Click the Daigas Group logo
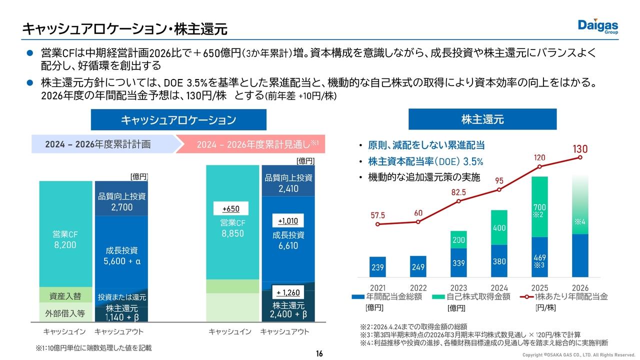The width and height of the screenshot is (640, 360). (598, 26)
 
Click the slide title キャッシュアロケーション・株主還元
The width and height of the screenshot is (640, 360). (124, 29)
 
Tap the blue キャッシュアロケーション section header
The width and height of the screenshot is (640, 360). (178, 120)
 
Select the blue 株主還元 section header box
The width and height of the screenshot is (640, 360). (482, 119)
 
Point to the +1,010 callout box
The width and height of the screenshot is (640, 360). (287, 221)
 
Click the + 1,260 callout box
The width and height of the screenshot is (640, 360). (287, 292)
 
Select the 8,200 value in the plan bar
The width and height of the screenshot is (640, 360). (65, 245)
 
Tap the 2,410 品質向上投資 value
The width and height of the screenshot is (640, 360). (288, 189)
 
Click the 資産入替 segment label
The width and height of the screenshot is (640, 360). (65, 296)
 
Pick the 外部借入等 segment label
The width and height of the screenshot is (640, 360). (65, 313)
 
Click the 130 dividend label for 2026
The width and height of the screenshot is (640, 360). (580, 149)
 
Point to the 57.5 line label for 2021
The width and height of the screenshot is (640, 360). (377, 215)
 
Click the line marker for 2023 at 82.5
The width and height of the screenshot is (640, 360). (458, 201)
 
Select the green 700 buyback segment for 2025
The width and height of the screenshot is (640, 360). (539, 207)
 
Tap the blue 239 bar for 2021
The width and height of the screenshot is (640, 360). (377, 267)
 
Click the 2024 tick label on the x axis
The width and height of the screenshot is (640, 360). (499, 288)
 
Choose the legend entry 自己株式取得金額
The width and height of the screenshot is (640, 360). (472, 296)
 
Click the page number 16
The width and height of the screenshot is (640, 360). (319, 354)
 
